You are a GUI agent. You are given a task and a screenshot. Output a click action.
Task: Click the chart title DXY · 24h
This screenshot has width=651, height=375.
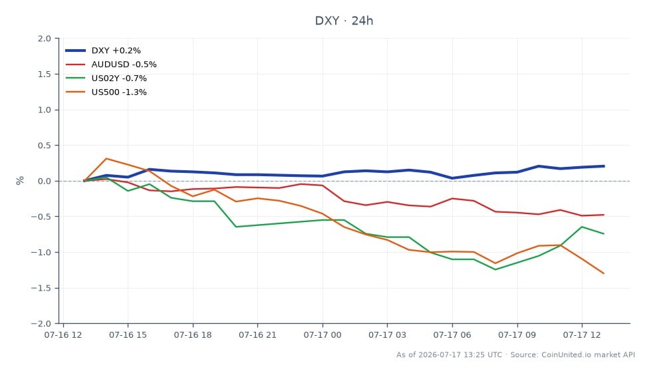click(344, 21)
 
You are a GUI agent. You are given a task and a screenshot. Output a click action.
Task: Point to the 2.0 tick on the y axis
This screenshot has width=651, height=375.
click(45, 39)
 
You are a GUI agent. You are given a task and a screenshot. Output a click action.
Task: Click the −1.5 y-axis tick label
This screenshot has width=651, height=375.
click(41, 288)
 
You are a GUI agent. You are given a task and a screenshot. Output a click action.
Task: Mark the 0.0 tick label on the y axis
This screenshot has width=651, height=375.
click(45, 181)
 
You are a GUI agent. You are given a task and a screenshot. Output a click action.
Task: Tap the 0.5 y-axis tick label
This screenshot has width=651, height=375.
click(45, 146)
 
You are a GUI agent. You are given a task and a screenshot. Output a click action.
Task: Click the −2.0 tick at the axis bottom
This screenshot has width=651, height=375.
click(41, 324)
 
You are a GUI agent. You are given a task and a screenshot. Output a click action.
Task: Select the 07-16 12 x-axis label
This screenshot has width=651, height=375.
click(63, 334)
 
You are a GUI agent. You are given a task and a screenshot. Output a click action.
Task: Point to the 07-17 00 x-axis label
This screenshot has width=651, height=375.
click(323, 334)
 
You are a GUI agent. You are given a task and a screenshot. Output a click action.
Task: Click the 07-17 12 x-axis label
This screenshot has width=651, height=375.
click(582, 334)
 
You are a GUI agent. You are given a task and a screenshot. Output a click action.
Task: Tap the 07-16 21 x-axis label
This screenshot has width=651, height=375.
click(257, 334)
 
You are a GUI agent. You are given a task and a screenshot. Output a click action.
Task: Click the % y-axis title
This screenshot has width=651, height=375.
click(20, 181)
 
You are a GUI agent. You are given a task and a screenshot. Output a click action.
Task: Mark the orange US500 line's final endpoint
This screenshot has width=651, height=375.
click(604, 273)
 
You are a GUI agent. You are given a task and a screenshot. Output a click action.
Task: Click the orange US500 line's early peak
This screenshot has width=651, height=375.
click(106, 159)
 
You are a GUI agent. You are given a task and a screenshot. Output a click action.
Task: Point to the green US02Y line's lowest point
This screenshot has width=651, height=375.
click(495, 269)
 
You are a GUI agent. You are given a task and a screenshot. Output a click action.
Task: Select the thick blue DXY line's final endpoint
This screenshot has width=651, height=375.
click(604, 166)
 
